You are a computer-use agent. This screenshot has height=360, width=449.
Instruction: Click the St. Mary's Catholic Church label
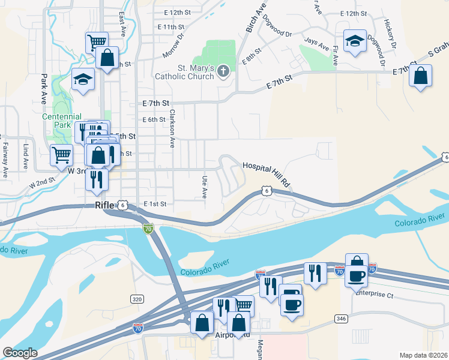tap(184, 72)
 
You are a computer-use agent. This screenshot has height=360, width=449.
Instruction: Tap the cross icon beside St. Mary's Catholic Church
tap(223, 72)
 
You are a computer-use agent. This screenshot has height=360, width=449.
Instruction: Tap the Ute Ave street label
tap(204, 187)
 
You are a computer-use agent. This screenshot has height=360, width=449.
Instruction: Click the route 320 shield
tap(137, 298)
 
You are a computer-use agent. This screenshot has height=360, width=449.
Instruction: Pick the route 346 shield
tap(342, 318)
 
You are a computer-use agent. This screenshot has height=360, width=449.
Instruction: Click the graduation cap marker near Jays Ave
tap(355, 41)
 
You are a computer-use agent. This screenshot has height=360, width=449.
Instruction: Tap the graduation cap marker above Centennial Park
tap(83, 79)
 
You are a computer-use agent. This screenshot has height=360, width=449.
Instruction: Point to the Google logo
tap(20, 353)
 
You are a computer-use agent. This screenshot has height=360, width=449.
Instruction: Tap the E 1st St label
tap(154, 204)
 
